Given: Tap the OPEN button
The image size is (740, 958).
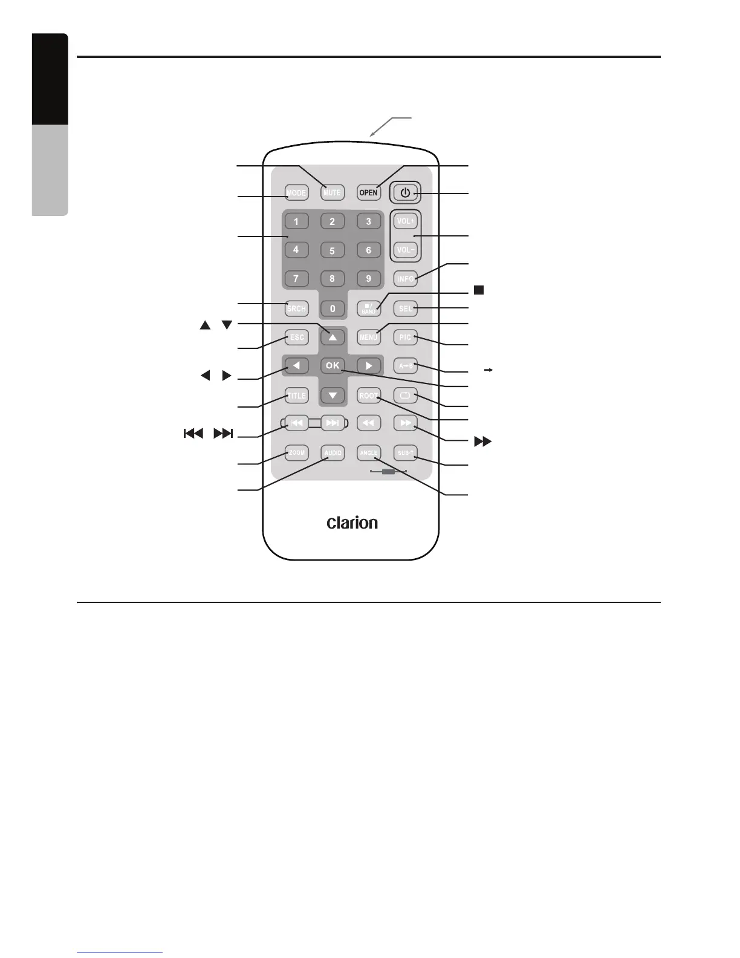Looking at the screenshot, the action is (368, 193).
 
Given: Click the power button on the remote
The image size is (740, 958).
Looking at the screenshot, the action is (405, 193).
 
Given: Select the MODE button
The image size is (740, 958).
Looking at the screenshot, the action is (296, 193).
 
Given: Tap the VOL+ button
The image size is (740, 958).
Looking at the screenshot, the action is (405, 221).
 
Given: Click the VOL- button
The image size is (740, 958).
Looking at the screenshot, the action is (405, 249).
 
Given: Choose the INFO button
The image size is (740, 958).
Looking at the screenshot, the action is (405, 279).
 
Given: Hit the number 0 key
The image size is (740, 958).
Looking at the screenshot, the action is (333, 308).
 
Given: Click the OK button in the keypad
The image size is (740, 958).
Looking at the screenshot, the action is (333, 365).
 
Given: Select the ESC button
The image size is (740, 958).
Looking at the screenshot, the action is (297, 337).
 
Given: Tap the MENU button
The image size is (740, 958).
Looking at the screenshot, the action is (368, 337).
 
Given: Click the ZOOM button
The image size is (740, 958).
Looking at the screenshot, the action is (297, 452).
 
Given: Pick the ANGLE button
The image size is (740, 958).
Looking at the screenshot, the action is (368, 452).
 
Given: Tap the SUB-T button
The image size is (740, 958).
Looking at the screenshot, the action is (405, 452).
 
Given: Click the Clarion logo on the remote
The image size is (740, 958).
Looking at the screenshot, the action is (352, 523).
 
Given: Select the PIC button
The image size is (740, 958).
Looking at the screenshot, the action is (405, 337).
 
